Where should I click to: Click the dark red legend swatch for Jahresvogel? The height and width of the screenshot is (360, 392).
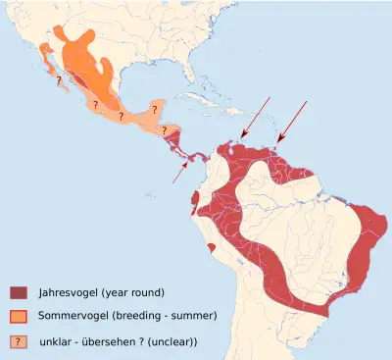(x=19, y=292)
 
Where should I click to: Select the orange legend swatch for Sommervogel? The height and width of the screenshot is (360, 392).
(x=19, y=316)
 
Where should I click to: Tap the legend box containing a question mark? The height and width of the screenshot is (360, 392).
(x=19, y=340)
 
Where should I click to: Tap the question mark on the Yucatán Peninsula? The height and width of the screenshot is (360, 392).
(x=153, y=105)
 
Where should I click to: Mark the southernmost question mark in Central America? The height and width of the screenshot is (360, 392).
(x=166, y=129)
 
